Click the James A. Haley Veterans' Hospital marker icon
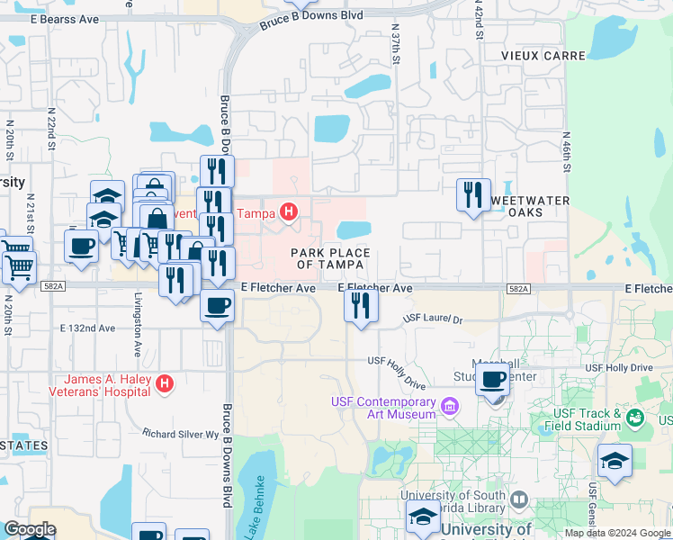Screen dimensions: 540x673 (164, 384)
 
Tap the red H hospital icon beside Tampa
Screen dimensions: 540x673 (288, 213)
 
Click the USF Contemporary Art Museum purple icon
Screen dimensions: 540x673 (450, 408)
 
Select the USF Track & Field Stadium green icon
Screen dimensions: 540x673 (636, 418)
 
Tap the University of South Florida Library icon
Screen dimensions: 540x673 (518, 499)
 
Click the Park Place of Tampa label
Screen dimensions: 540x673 (328, 259)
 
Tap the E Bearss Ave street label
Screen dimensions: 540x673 (64, 19)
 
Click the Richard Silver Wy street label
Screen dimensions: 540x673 (181, 434)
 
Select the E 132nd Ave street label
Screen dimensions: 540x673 (87, 328)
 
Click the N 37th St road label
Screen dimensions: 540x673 (394, 43)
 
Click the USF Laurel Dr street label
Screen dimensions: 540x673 (433, 319)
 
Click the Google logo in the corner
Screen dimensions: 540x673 (29, 529)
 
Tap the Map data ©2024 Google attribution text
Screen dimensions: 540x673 (617, 533)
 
